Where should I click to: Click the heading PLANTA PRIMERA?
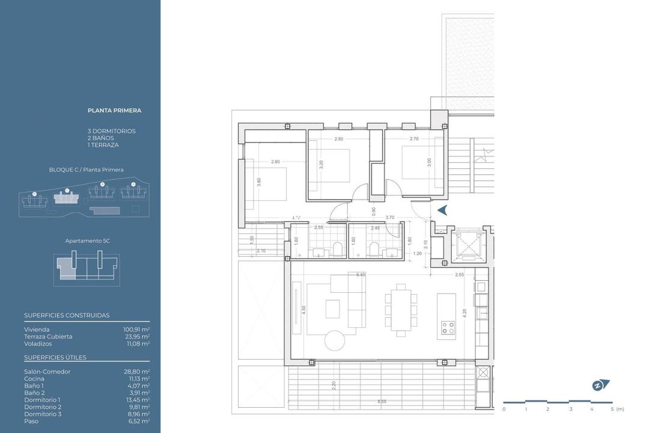[x=114, y=111]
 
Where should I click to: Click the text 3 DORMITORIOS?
[x=111, y=131]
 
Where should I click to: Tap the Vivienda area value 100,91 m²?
[x=136, y=330]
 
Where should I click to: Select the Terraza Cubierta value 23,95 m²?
[x=136, y=337]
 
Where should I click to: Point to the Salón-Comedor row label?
[x=47, y=372]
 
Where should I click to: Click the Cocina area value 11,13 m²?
[x=137, y=379]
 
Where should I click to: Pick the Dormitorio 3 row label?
[x=42, y=414]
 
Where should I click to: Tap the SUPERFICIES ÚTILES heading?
[x=55, y=358]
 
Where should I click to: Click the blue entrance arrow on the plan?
[x=442, y=210]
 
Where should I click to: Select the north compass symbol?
[x=600, y=385]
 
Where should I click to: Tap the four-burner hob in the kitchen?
[x=448, y=327]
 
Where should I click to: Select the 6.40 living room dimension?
[x=361, y=275]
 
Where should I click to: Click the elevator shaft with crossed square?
[x=466, y=245]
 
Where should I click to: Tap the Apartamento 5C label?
[x=87, y=241]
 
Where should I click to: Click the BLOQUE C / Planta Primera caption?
[x=86, y=170]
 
